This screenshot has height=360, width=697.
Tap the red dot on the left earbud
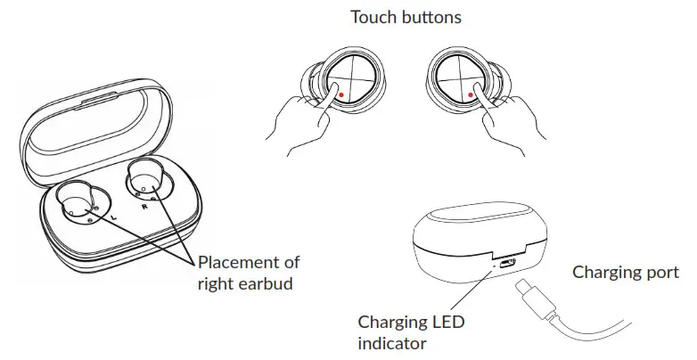[x=340, y=92]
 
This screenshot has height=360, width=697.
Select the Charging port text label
[x=625, y=272]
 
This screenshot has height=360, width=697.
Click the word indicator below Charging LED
[x=393, y=342]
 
